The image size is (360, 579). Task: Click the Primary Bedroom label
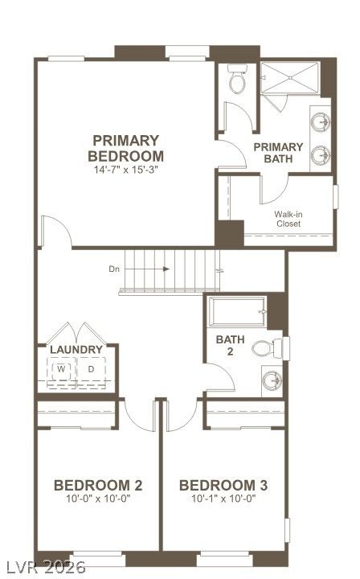coord(126,148)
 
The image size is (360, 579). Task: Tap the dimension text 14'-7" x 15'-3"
coord(126,170)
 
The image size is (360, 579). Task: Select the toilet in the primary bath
coord(237,79)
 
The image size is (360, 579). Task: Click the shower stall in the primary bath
coord(290,78)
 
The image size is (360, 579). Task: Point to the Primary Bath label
coord(278,153)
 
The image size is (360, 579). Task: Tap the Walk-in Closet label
coord(288,219)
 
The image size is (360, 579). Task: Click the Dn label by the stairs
coord(114,269)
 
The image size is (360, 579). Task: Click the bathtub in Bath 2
coord(238,311)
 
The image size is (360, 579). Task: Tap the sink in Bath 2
coord(272,380)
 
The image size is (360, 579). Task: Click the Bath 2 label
coord(230,345)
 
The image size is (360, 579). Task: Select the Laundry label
coord(76,350)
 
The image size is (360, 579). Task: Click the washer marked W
coord(62,368)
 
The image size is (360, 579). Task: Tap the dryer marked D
coord(91,368)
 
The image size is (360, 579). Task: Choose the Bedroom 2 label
coord(98,485)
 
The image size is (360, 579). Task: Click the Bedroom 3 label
coord(223,485)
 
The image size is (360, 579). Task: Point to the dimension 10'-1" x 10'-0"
coord(223,499)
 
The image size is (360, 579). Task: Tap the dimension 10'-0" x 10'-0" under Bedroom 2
coord(99,499)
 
